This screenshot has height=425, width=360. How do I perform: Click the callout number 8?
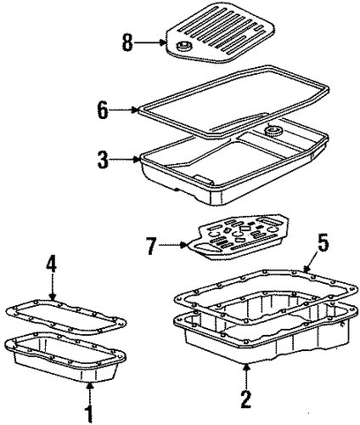coord(127,42)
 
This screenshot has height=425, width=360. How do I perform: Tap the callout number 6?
coord(103,110)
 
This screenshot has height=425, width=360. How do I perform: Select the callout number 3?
coord(103,160)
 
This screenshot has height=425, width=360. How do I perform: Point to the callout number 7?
coord(151,246)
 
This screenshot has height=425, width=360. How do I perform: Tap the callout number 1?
coord(89,414)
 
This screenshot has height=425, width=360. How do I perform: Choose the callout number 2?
coord(246,399)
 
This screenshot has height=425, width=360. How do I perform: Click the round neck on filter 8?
coord(183,45)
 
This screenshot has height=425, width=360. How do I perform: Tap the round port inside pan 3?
coord(273,131)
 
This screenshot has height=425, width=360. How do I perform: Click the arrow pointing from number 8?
coord(149,42)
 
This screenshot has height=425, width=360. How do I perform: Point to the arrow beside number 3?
coord(125,160)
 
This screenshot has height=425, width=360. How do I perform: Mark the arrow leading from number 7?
coord(173,246)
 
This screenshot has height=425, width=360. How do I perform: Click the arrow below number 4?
coord(52,287)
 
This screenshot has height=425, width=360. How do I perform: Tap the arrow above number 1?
coord(90,393)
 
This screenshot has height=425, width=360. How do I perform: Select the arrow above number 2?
coord(247,377)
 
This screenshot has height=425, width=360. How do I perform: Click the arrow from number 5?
coord(310,260)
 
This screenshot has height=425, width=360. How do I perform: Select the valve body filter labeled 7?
coord(239,236)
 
